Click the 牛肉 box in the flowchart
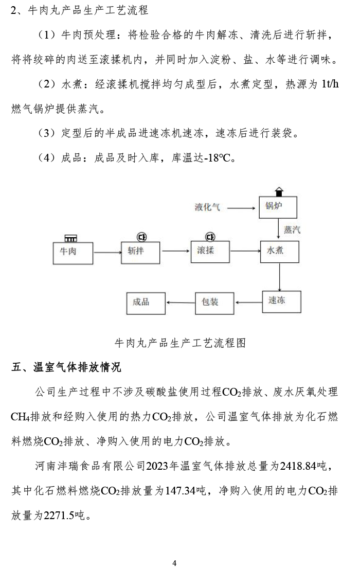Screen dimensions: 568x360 coord(73,253)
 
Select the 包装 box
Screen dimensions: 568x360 coord(214,303)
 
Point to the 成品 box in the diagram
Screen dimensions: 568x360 coord(146,303)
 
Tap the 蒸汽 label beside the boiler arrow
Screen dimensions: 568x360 coord(292,229)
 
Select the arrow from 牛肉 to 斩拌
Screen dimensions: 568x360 coord(106,252)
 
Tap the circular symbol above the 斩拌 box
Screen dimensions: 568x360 coord(141,237)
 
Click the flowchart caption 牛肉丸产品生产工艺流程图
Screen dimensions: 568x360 coord(179,343)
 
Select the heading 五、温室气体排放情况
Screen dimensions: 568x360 coord(67,367)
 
